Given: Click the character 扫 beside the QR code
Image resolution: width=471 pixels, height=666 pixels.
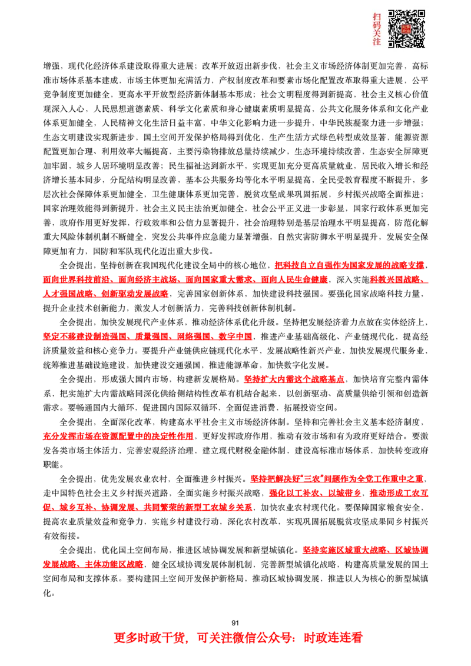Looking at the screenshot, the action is point(377,17).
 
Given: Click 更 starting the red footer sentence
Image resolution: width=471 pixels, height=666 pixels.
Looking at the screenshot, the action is point(119,638).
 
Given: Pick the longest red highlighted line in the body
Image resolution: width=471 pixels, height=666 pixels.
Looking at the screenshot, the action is point(185,280).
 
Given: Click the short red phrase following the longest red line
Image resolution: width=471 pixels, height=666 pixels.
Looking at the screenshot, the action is point(398,280).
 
